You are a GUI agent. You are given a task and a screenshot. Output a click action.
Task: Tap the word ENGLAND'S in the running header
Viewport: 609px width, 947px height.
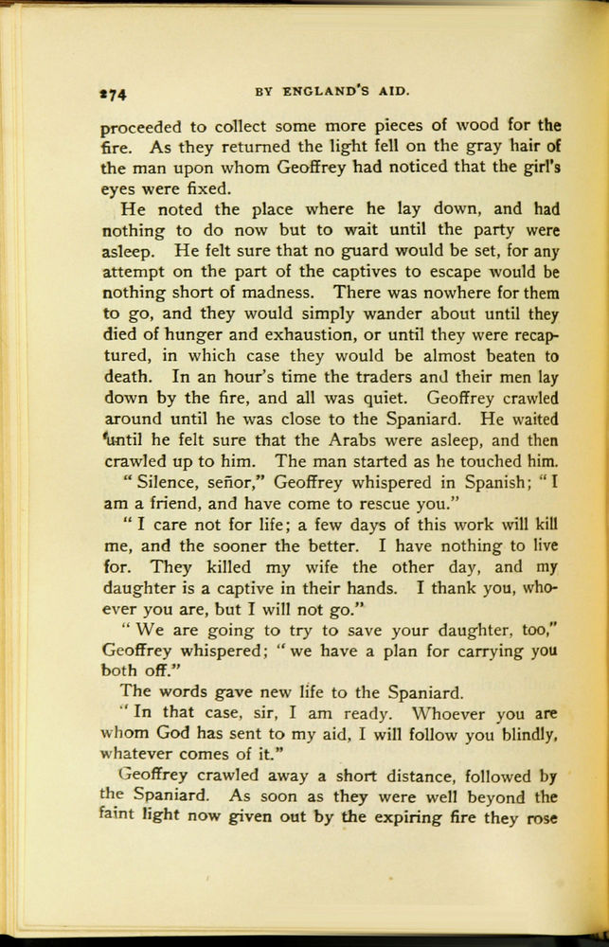(329, 91)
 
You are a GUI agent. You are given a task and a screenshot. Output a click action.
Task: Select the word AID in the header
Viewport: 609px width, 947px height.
(394, 91)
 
